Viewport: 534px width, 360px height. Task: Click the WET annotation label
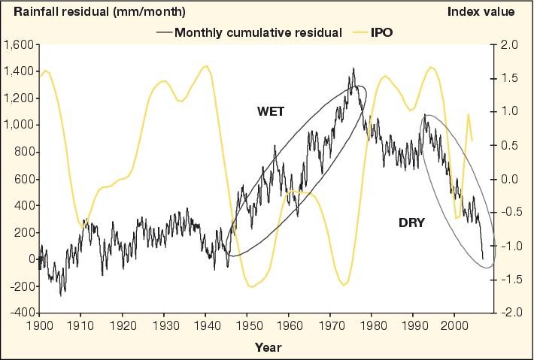pos(271,110)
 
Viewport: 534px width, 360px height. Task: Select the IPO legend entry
pos(383,32)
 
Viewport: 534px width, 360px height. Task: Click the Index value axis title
pos(481,12)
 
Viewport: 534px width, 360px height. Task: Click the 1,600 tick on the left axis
pos(18,45)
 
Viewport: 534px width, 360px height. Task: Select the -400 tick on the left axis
pos(20,313)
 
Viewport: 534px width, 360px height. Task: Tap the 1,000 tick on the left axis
pos(18,126)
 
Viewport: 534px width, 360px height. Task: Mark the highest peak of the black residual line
pos(353,68)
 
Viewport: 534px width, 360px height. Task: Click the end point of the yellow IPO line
pos(472,141)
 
